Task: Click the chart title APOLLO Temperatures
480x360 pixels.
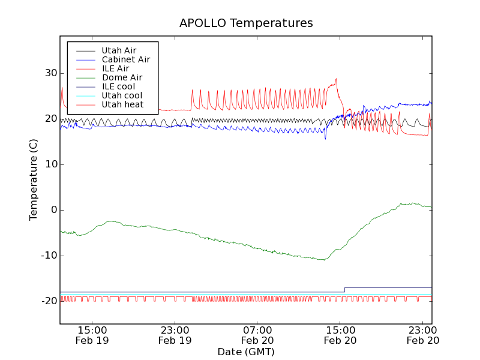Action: click(x=246, y=23)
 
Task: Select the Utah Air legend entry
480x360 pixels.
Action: click(x=119, y=50)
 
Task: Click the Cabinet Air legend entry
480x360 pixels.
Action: click(x=125, y=59)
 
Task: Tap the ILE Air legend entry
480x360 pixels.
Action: click(x=115, y=68)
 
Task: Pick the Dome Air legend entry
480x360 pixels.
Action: click(x=122, y=77)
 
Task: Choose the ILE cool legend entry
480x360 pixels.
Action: click(x=118, y=86)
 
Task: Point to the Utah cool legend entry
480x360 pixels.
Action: click(x=122, y=95)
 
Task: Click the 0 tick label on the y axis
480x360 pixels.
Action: click(x=53, y=210)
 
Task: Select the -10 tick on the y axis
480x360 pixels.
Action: click(x=47, y=256)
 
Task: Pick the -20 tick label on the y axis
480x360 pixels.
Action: click(x=47, y=301)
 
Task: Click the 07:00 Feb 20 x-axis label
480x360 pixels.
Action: click(x=257, y=335)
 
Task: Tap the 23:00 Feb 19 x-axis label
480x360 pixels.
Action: click(x=175, y=335)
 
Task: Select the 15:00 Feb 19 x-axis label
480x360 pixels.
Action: click(x=92, y=335)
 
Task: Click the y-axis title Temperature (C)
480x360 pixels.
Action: click(x=34, y=179)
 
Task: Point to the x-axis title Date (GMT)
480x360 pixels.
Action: click(x=246, y=352)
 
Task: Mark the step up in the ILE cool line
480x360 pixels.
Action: click(x=345, y=290)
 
